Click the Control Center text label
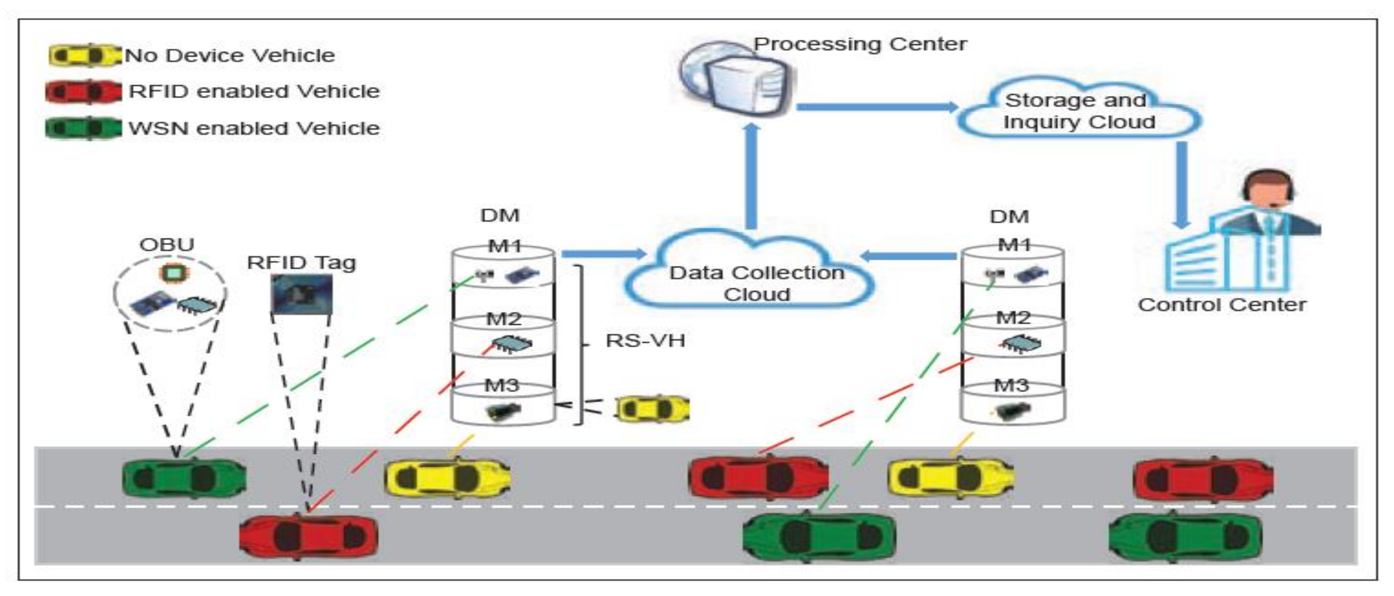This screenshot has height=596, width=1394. coord(1222,305)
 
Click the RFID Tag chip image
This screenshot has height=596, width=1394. coord(301,294)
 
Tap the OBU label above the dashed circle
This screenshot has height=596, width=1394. coord(167,245)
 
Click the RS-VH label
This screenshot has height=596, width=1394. coord(645,341)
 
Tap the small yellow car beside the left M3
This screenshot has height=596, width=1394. coord(652,409)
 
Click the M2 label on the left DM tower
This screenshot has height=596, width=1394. coord(503,319)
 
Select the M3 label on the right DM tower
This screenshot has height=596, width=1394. coord(1011,385)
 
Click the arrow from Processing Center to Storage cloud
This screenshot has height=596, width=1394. coord(877,106)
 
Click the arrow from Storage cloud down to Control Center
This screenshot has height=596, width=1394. coord(1182,184)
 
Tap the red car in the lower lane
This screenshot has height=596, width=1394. coord(309,536)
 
